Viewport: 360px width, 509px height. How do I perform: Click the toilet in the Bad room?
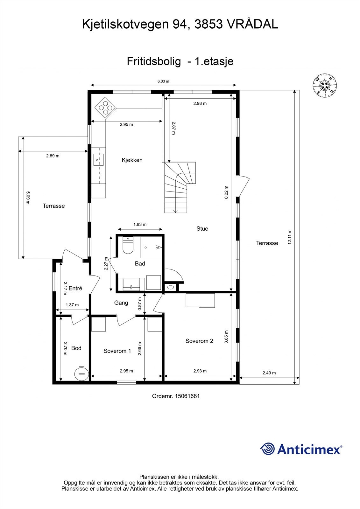click(x=128, y=246)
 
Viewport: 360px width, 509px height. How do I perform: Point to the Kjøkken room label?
click(x=132, y=160)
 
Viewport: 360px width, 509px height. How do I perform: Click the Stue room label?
click(x=202, y=228)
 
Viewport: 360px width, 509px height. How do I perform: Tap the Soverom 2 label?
click(x=199, y=341)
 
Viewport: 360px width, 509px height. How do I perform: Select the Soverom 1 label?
click(x=117, y=351)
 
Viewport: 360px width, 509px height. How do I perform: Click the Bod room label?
click(x=76, y=348)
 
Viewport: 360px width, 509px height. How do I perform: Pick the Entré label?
click(x=75, y=288)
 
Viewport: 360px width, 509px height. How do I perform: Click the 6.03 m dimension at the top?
click(x=163, y=81)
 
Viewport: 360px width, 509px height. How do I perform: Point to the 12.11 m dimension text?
click(x=289, y=237)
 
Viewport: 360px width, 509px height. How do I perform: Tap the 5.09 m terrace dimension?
click(x=28, y=198)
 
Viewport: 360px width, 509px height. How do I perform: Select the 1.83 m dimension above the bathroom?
click(x=140, y=224)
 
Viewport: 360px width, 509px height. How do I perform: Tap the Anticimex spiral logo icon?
click(x=268, y=449)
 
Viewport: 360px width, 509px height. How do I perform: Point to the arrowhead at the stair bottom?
click(x=175, y=211)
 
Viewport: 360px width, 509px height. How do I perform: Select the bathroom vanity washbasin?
click(x=131, y=284)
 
